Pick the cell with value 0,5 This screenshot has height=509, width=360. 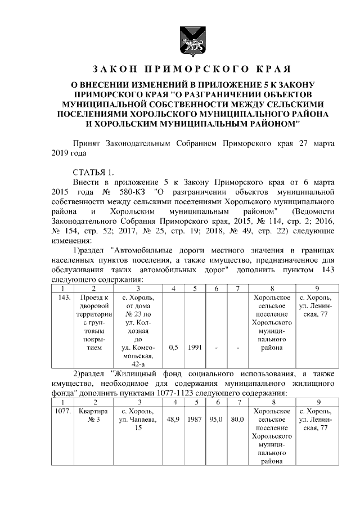pyautogui.click(x=174, y=348)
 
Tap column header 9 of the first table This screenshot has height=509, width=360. pyautogui.click(x=317, y=288)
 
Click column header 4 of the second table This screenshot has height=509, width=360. pyautogui.click(x=174, y=402)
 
